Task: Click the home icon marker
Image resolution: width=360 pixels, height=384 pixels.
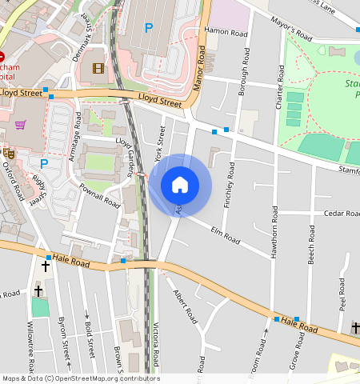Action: tap(180, 185)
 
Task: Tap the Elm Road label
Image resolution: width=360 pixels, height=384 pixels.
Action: tap(225, 236)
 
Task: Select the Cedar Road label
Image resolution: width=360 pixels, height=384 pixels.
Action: tap(342, 214)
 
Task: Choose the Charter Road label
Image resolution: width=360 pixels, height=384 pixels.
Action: tap(281, 89)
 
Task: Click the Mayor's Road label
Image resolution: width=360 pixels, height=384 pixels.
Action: tap(290, 32)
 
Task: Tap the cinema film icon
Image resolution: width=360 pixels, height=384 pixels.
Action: tap(98, 68)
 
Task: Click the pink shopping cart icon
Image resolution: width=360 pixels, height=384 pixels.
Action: tap(20, 125)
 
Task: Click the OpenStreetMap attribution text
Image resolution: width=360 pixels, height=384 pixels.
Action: tap(81, 378)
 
